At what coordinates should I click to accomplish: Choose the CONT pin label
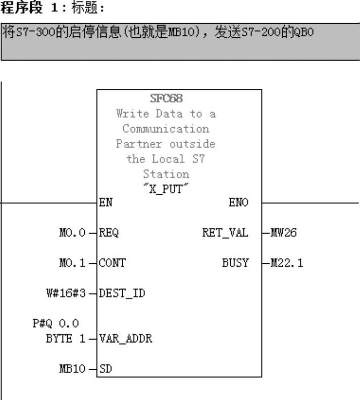(111, 263)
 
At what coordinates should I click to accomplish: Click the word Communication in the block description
(166, 129)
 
